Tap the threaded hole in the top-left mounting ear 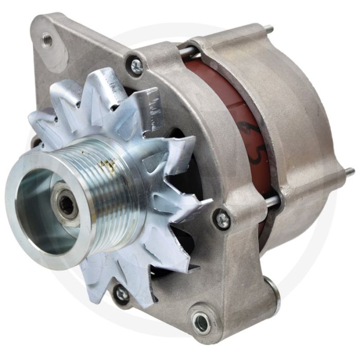point(47,38)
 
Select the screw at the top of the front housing point(137,65)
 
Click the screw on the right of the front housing point(223,220)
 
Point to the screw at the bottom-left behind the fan point(122,294)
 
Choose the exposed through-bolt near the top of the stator point(187,50)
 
